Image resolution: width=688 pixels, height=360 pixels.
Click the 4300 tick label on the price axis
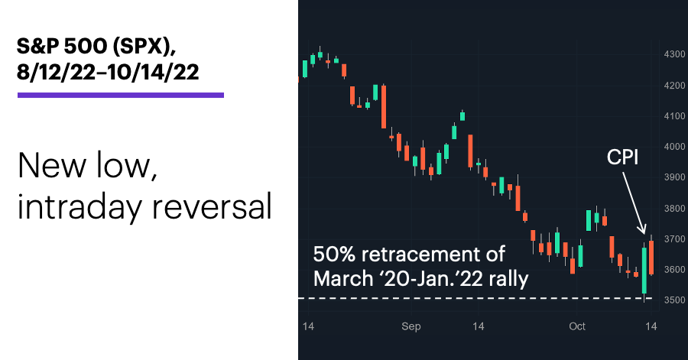pyautogui.click(x=674, y=54)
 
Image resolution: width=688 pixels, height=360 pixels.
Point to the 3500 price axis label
pyautogui.click(x=674, y=300)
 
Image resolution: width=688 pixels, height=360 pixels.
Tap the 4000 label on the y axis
pyautogui.click(x=674, y=147)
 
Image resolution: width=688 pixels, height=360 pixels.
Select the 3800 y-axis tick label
pyautogui.click(x=674, y=209)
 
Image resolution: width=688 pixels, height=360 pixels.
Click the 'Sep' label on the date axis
pyautogui.click(x=411, y=326)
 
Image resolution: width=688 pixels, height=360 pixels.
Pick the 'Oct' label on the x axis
pyautogui.click(x=577, y=326)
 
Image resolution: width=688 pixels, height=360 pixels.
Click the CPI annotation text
pyautogui.click(x=622, y=157)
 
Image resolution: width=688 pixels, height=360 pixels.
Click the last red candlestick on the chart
pyautogui.click(x=651, y=258)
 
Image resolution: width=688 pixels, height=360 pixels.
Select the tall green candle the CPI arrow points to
pyautogui.click(x=644, y=271)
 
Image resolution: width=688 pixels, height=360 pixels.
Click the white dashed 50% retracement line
pyautogui.click(x=475, y=298)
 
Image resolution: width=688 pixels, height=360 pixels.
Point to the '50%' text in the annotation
pyautogui.click(x=334, y=255)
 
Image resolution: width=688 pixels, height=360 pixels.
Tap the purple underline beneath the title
pyautogui.click(x=121, y=95)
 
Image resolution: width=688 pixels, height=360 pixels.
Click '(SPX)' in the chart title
pyautogui.click(x=144, y=47)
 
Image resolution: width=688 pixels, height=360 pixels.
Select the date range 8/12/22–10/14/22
pyautogui.click(x=108, y=72)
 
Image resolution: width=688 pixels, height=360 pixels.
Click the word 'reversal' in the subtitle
pyautogui.click(x=212, y=206)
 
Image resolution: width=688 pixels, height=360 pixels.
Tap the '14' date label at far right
pyautogui.click(x=651, y=326)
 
